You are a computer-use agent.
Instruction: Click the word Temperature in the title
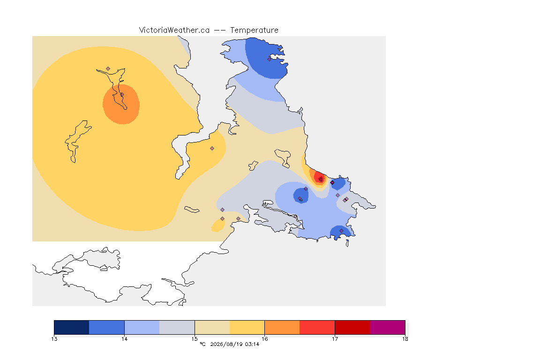point(254,30)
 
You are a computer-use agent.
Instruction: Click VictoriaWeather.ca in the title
point(174,30)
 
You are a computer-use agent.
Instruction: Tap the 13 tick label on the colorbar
point(54,339)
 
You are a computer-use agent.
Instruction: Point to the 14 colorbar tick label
point(124,339)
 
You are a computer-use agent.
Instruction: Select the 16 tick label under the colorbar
point(264,339)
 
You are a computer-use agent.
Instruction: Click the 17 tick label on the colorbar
point(335,339)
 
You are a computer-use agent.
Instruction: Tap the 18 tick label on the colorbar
point(405,339)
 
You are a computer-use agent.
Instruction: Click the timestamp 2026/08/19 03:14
point(234,344)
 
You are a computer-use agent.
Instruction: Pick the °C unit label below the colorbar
point(202,344)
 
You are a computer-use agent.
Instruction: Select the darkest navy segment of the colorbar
point(72,327)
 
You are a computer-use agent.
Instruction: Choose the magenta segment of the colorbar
point(388,327)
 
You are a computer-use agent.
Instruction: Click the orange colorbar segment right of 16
point(282,327)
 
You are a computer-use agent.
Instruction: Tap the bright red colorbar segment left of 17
point(317,327)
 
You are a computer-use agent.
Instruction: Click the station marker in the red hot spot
point(321,180)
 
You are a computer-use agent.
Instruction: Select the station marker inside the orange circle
point(122,95)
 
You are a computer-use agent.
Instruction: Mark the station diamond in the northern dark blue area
point(270,59)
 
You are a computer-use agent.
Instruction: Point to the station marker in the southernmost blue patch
point(341,231)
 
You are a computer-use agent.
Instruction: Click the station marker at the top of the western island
point(108,69)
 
